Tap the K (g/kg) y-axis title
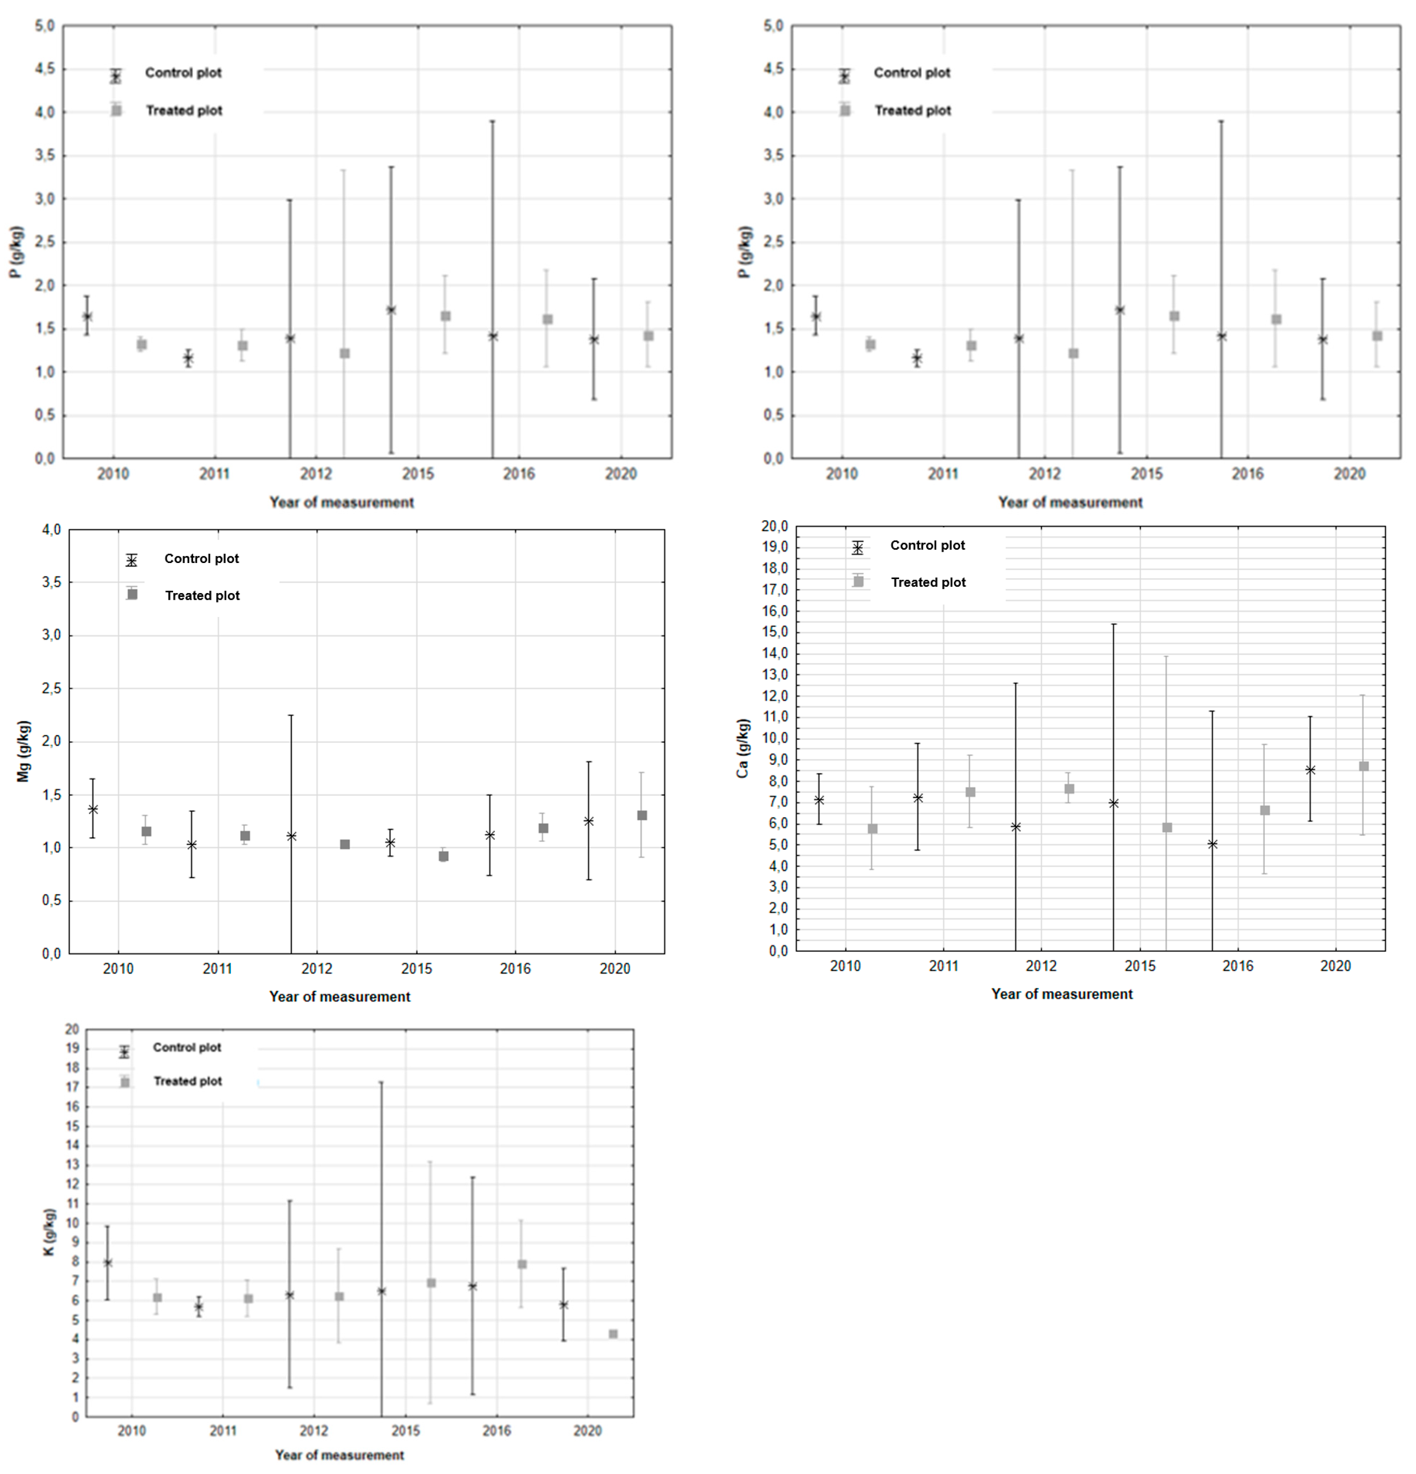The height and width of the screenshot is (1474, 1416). (x=49, y=1232)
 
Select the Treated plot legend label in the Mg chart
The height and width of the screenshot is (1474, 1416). (x=202, y=596)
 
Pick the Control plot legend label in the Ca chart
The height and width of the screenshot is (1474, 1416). (x=927, y=545)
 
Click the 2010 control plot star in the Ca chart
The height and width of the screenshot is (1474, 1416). (x=819, y=800)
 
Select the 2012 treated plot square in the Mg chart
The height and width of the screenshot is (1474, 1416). (x=345, y=844)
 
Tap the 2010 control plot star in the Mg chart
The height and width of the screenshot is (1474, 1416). (x=93, y=809)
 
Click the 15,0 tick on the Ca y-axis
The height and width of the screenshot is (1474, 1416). (x=774, y=632)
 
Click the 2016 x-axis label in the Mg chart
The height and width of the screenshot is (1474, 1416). (x=515, y=969)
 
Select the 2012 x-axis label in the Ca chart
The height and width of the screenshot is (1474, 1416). (x=1041, y=966)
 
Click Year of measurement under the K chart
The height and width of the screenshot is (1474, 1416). (x=339, y=1455)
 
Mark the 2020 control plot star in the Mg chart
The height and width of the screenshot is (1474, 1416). (x=589, y=821)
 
